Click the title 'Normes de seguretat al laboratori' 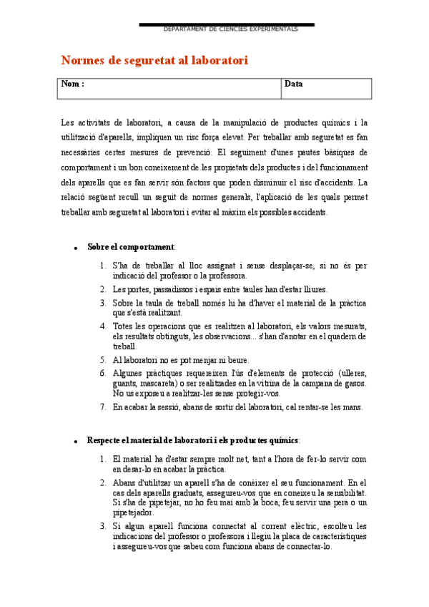154,61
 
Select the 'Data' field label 293,84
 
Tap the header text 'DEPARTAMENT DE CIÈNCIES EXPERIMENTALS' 230,29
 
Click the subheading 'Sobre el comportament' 131,247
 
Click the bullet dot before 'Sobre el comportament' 75,248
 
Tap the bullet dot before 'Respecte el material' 75,441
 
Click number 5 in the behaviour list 103,360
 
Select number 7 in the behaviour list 103,407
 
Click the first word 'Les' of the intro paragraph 67,122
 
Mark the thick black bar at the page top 226,25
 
